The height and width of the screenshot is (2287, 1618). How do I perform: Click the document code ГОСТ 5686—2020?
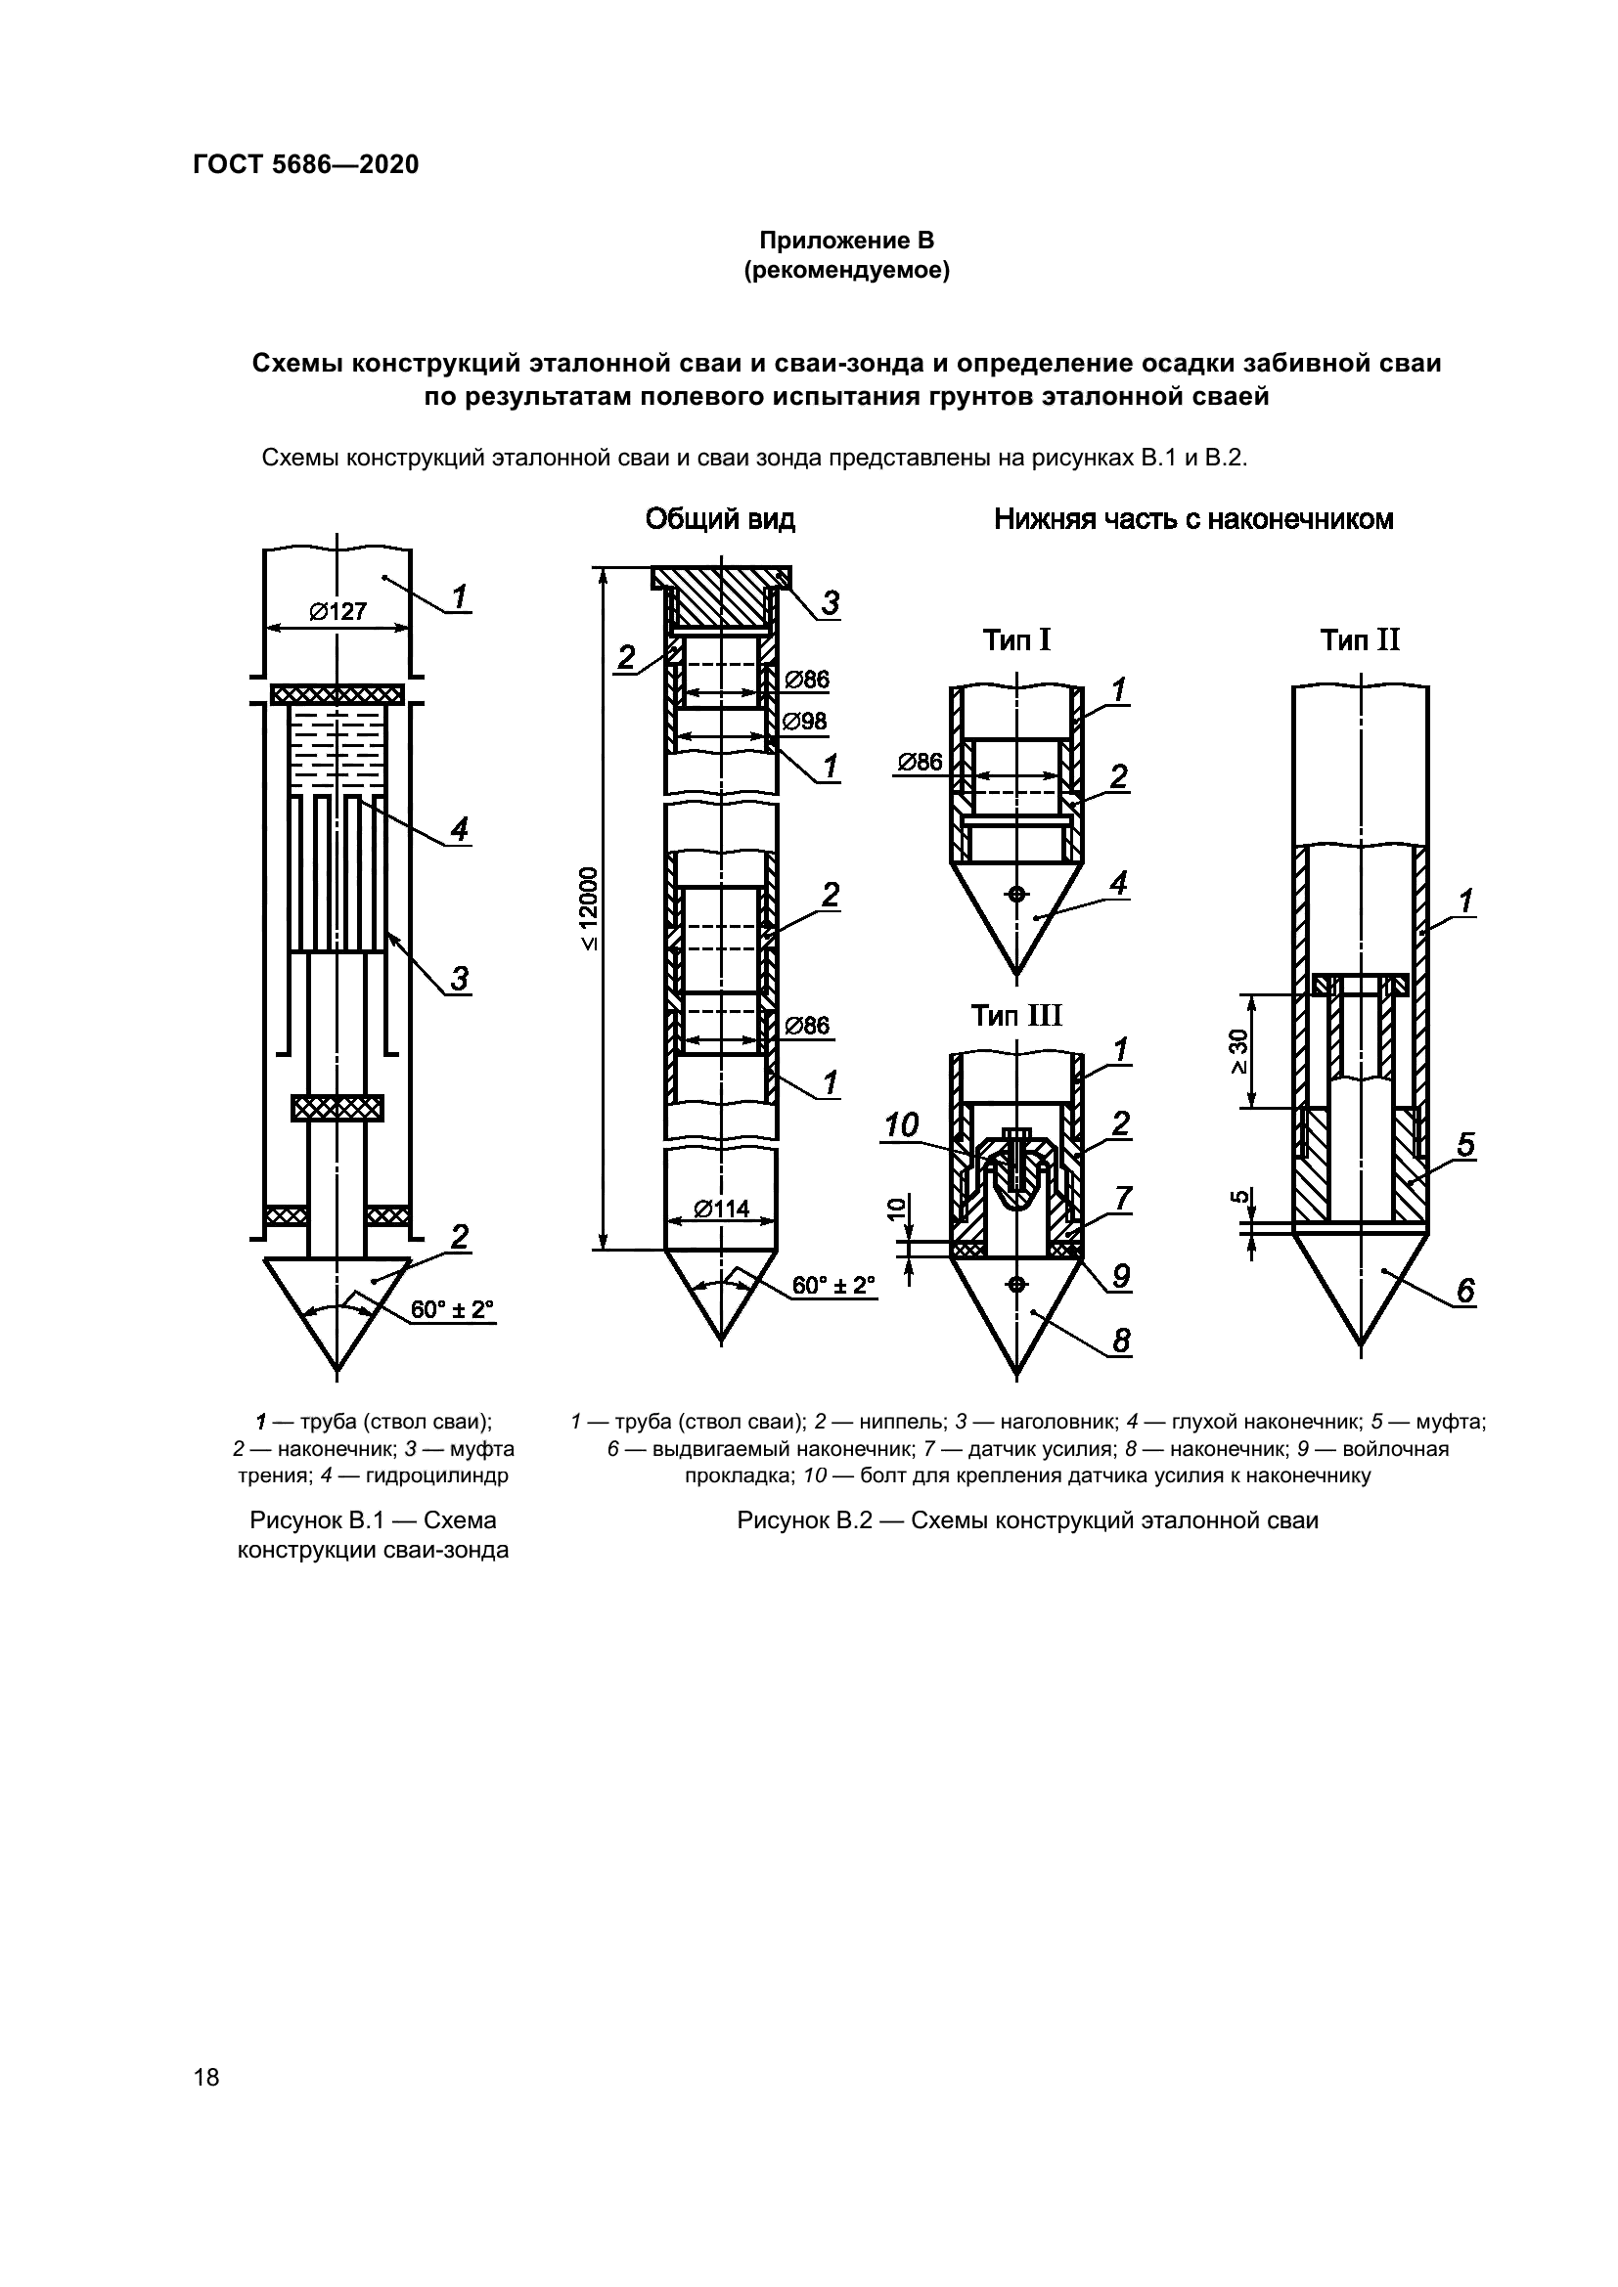(305, 165)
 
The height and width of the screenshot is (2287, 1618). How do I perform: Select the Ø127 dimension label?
(337, 611)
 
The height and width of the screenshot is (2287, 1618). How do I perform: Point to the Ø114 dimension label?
(720, 1209)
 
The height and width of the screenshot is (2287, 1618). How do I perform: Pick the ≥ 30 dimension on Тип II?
(1237, 1051)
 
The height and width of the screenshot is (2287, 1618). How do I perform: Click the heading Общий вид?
(719, 519)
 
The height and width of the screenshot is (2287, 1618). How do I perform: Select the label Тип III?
(1016, 1015)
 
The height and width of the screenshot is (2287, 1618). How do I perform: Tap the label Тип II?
(1360, 639)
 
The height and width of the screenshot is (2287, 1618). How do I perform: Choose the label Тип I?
(1016, 639)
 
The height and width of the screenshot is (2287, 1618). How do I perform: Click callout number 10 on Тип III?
(901, 1126)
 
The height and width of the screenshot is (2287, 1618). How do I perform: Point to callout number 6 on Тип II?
(1465, 1291)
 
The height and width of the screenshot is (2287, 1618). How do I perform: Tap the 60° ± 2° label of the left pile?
(452, 1309)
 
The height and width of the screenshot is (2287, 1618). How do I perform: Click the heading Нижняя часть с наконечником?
(1192, 519)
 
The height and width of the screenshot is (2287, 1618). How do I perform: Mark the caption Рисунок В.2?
(1027, 1520)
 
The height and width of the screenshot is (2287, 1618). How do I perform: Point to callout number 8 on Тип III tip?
(1121, 1341)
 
